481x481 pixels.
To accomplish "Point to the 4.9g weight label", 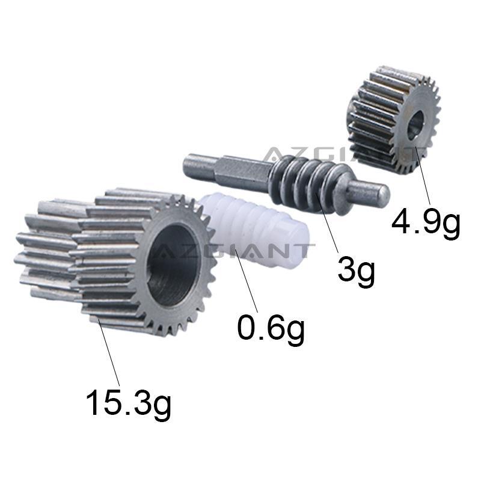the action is tap(426, 222).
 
